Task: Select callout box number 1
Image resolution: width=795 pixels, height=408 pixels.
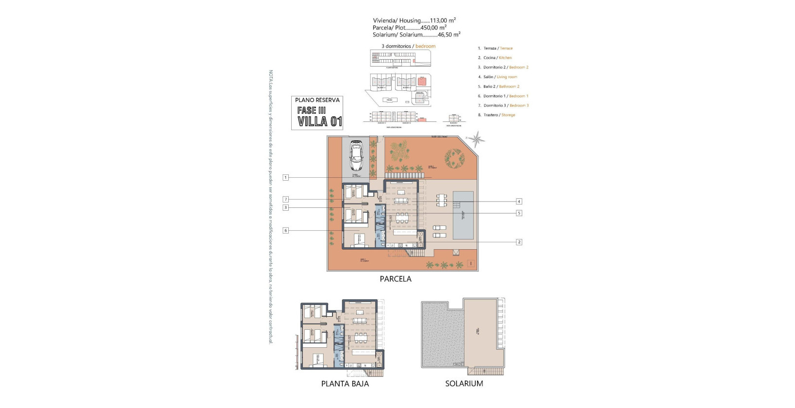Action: tap(285, 177)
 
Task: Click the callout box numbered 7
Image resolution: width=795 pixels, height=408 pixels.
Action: tap(285, 199)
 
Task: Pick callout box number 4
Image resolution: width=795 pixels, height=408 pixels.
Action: tap(519, 201)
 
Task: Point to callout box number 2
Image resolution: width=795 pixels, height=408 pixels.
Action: tap(519, 242)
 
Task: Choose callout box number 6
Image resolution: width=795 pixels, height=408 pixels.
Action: tap(285, 230)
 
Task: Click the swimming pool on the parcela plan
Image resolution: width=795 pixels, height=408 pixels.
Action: tap(463, 215)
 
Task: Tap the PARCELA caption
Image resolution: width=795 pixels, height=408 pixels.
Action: tap(395, 279)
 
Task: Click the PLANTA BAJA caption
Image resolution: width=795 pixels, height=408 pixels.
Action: tap(345, 383)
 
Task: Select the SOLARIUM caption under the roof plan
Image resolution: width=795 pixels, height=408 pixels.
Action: tap(464, 383)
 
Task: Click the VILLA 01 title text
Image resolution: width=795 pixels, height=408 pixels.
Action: tap(320, 121)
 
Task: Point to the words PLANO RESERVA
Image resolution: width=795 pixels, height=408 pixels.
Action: tap(317, 100)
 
